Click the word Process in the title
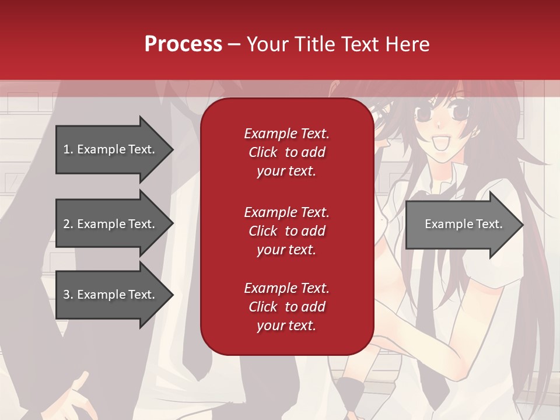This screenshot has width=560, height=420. tap(183, 44)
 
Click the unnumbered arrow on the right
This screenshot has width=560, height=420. tap(464, 224)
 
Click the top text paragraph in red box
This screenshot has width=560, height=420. tap(286, 152)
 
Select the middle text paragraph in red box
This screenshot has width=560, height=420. tap(286, 231)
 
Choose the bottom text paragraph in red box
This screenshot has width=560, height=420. tap(286, 307)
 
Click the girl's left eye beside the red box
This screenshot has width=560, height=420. tap(421, 113)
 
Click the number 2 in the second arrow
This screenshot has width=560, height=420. tap(66, 224)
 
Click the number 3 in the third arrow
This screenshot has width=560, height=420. tap(66, 295)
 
